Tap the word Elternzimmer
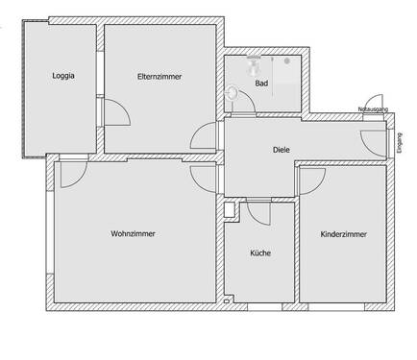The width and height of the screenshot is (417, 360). pos(159,75)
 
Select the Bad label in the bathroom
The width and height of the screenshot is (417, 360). pos(260,84)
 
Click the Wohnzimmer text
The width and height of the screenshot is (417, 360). pos(133,233)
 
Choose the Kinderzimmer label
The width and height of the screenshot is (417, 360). pos(343,233)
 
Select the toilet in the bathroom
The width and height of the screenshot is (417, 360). pos(233,94)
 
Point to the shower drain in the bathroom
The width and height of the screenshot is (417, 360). pos(286,61)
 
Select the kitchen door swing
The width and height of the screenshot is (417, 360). pos(258,211)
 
